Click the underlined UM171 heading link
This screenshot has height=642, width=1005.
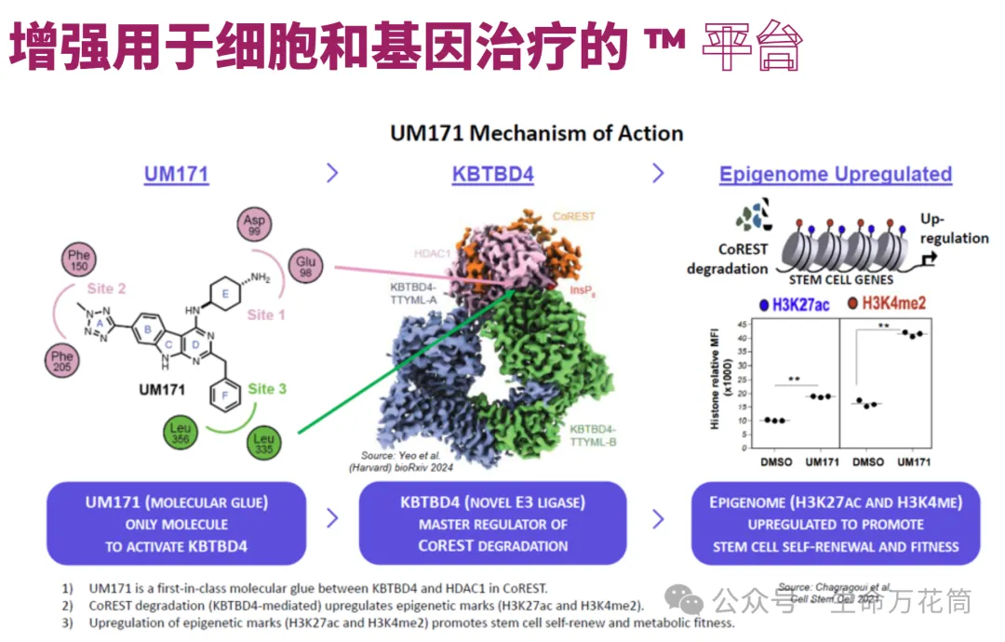click(176, 174)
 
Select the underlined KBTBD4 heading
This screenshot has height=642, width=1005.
click(493, 174)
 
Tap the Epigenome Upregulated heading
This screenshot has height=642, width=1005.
click(836, 174)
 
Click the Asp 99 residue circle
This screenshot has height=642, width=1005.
click(254, 224)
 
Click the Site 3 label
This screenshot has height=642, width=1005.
click(267, 388)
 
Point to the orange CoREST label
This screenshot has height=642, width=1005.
click(573, 216)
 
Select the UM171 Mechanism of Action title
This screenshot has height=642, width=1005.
click(536, 133)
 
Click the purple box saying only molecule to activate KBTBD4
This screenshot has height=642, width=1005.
click(176, 524)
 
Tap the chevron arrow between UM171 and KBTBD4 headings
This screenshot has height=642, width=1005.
click(332, 173)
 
